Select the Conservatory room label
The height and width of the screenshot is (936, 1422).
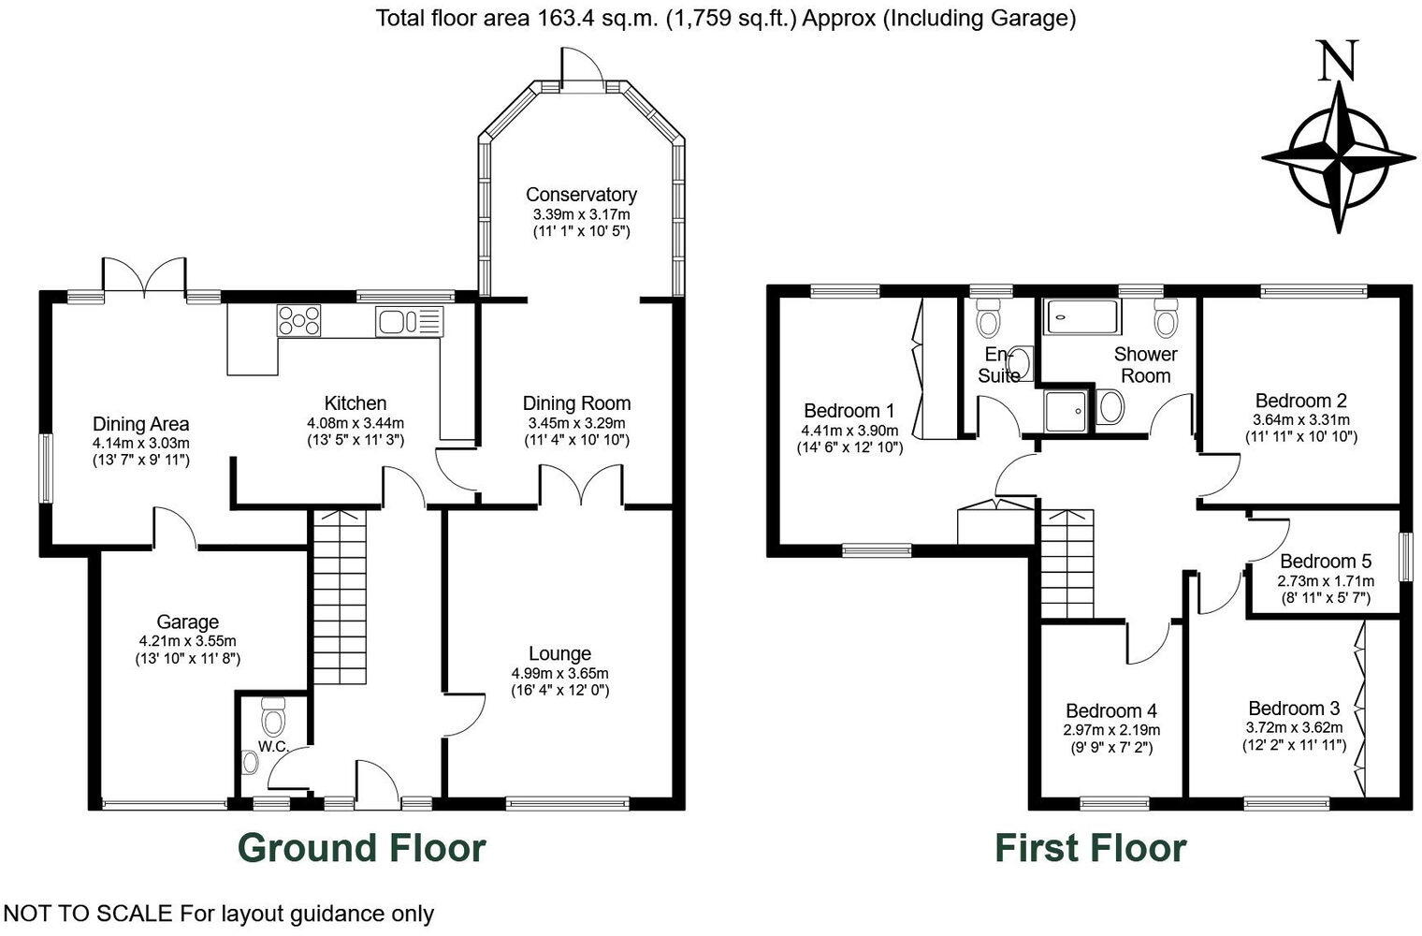pos(580,195)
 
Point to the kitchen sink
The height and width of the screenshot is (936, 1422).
pos(408,322)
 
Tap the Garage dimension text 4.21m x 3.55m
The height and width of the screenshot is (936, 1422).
pos(187,641)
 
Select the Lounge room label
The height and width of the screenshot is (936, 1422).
pos(559,653)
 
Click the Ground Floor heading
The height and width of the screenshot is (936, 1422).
pos(361,847)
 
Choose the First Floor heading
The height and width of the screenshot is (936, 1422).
pos(1090,847)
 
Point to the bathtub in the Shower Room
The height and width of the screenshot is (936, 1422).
pos(1081,317)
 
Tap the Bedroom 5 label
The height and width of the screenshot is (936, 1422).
pos(1325,562)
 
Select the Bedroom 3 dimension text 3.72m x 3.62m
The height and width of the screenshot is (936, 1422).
pos(1294,727)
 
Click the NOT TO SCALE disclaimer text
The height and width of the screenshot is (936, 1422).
pos(219,914)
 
